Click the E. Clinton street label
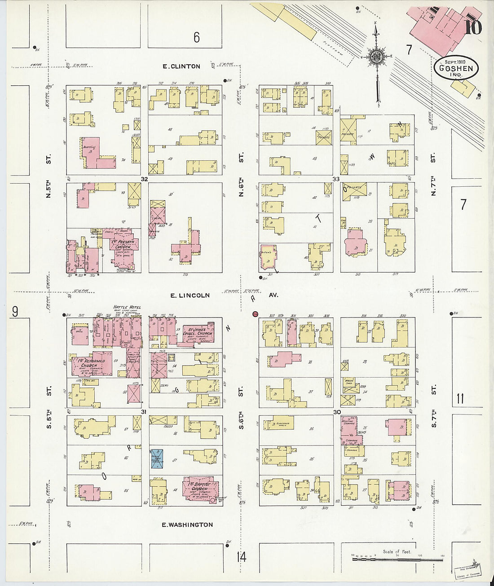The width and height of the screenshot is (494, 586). [181, 66]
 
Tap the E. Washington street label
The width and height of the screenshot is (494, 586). [187, 524]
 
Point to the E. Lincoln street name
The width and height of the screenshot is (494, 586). [190, 295]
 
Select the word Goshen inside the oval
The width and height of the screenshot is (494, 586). [456, 69]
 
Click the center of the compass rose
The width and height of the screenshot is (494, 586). [376, 57]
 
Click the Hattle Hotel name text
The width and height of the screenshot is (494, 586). [128, 307]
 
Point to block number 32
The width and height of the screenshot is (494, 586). [144, 179]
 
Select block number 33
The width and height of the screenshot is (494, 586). [336, 179]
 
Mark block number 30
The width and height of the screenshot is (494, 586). [337, 412]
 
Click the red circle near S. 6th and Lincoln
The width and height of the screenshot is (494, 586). [255, 314]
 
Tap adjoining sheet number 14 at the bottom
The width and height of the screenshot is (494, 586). [241, 557]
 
